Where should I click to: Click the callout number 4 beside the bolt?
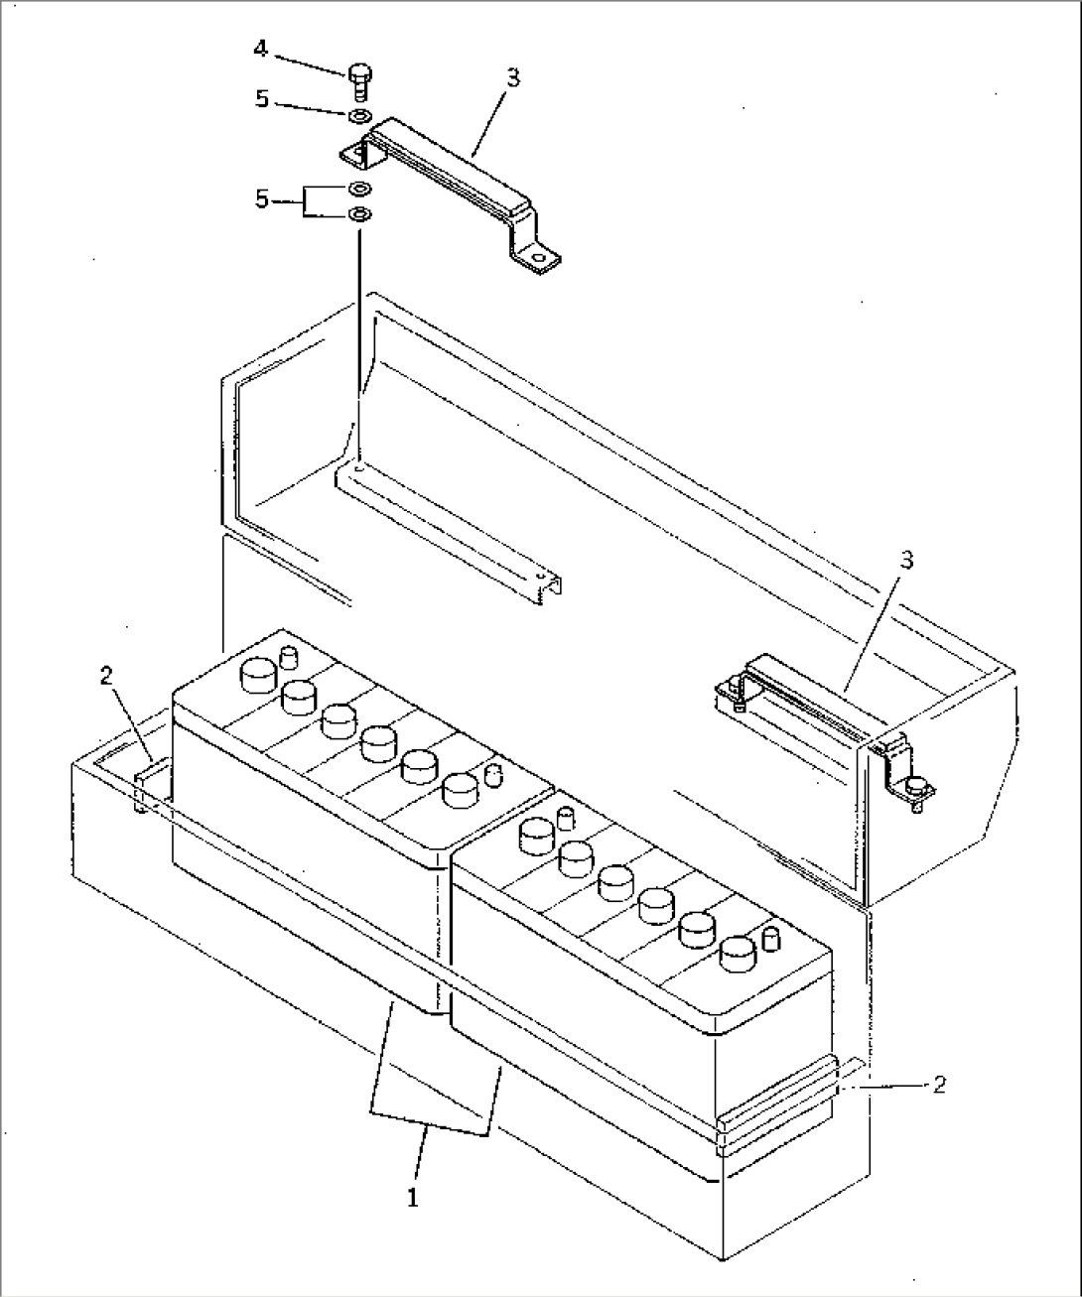261,49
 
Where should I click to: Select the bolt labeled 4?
359,81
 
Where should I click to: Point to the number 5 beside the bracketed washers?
262,199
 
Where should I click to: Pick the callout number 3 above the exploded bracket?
513,78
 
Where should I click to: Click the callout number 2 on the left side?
107,676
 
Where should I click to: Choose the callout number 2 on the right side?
938,1085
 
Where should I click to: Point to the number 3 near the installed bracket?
906,561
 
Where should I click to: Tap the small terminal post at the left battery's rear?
287,656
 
